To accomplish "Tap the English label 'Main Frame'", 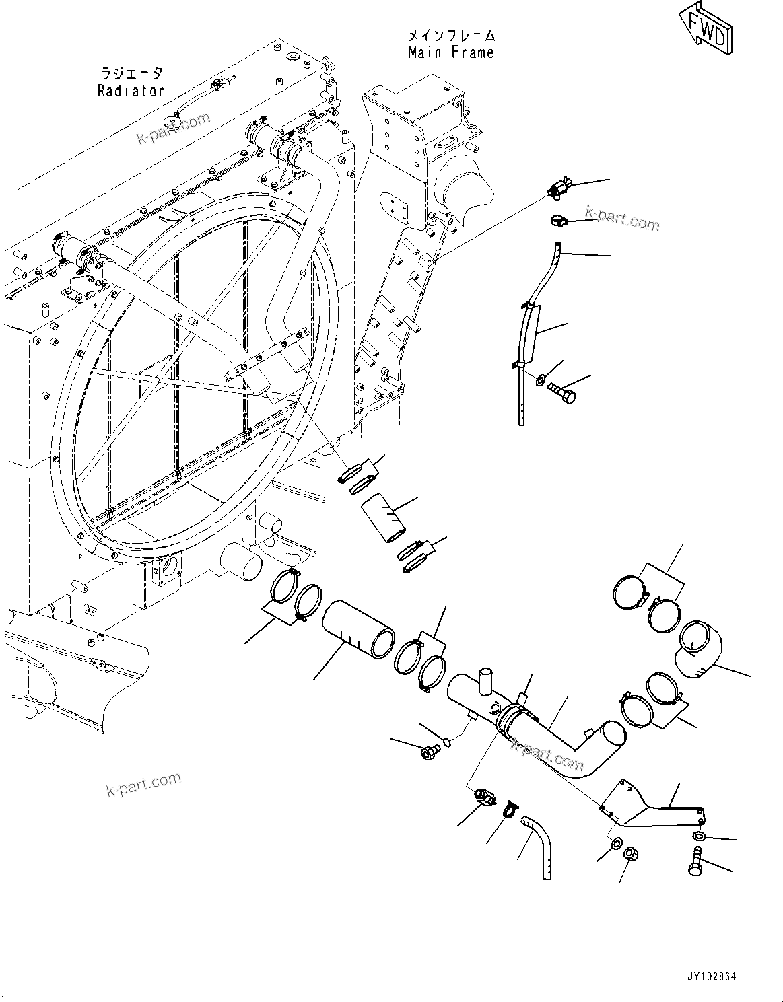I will [450, 52].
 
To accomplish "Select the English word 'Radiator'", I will [131, 91].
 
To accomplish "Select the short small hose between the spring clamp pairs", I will [383, 516].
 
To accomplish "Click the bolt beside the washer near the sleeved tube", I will [563, 393].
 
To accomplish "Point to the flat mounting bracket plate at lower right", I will [646, 808].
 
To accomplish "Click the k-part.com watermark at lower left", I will [143, 783].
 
